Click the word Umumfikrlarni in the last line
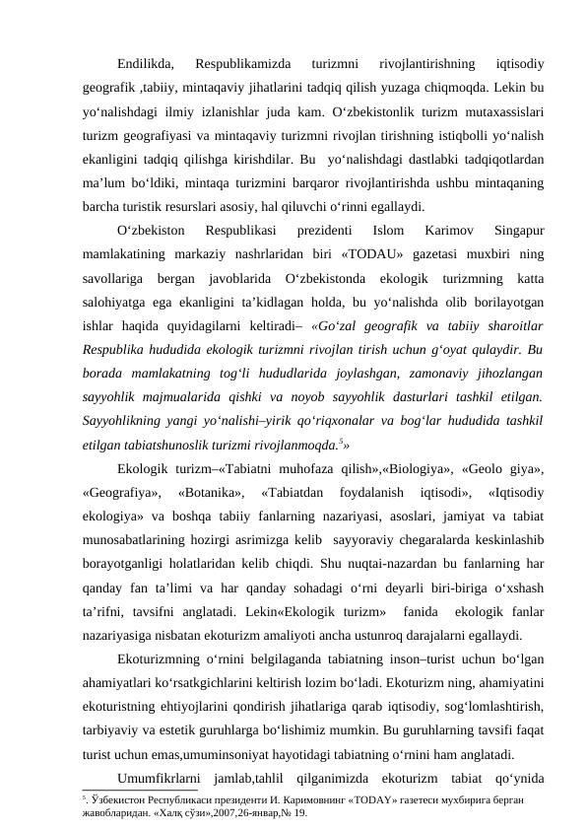(x=163, y=779)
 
